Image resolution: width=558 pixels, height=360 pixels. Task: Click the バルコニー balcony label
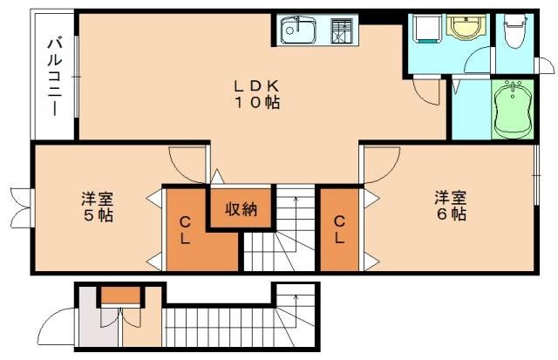(x=54, y=77)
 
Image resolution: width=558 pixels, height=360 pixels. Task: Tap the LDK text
(x=255, y=85)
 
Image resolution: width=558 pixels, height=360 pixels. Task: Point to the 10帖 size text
(x=255, y=102)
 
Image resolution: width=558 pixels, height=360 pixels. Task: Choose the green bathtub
(x=513, y=108)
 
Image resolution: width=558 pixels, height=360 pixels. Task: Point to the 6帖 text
(x=451, y=214)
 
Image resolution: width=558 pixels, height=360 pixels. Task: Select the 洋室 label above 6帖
(x=451, y=197)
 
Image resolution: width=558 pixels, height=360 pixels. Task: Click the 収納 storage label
(x=242, y=208)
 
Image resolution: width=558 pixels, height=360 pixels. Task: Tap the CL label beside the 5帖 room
(x=185, y=231)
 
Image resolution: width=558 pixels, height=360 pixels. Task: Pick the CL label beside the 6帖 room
(x=338, y=228)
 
